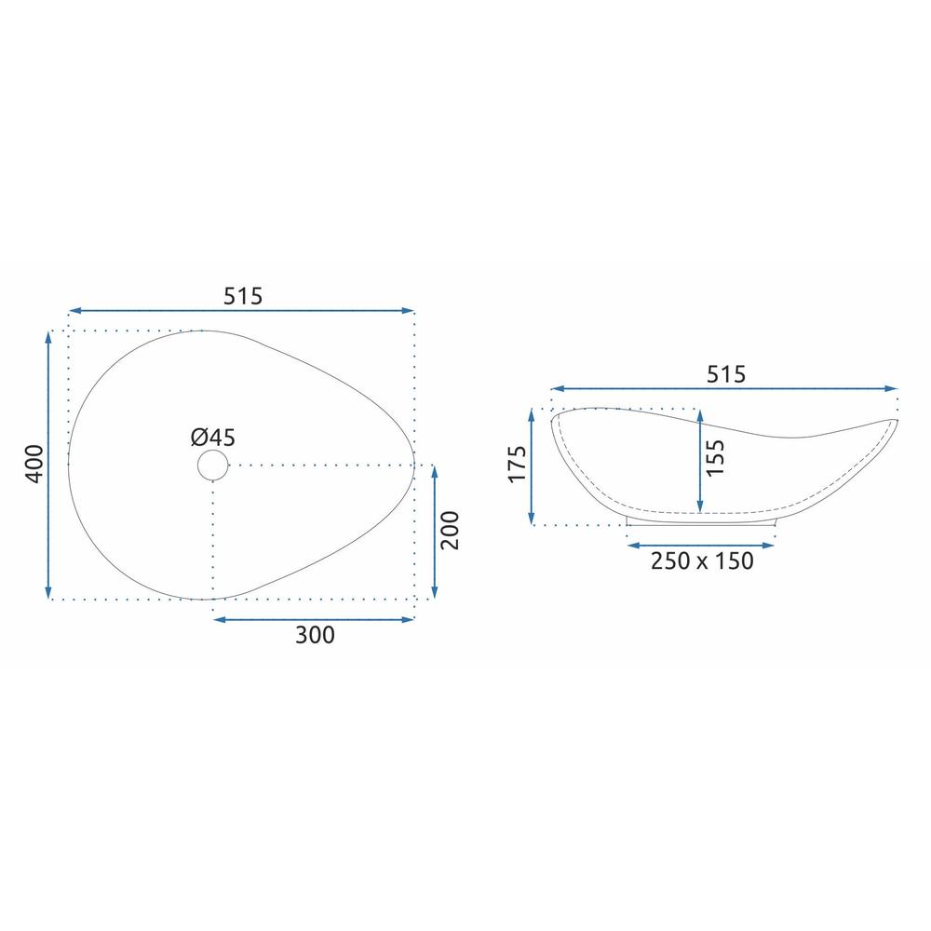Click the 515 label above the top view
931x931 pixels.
tap(242, 296)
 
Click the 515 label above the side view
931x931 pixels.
tap(725, 374)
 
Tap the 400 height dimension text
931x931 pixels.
tap(35, 464)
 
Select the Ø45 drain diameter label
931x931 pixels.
tap(212, 438)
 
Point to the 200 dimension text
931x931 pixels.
tap(451, 531)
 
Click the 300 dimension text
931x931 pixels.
tap(315, 635)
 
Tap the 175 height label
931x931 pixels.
tap(518, 464)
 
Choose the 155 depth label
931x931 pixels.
tap(715, 457)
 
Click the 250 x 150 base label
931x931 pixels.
tap(702, 560)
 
